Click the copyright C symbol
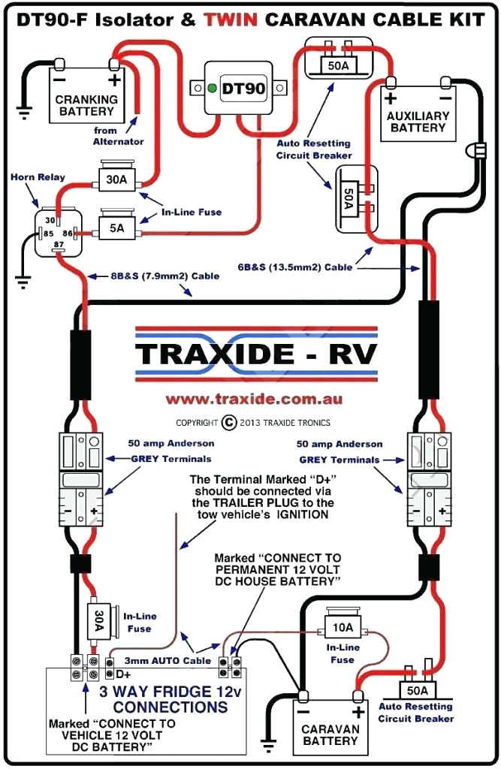(x=229, y=422)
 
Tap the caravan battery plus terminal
(x=358, y=711)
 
